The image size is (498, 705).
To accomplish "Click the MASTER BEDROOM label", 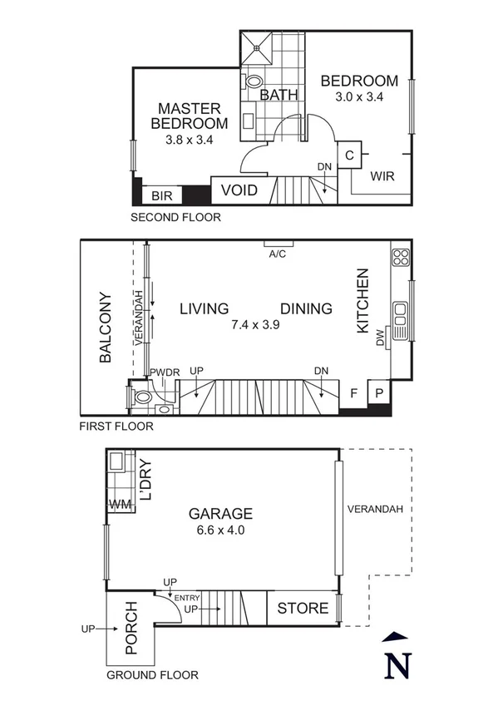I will point(189,116).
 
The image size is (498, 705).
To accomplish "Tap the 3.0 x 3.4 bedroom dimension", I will point(359,97).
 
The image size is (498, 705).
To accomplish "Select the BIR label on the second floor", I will point(160,196).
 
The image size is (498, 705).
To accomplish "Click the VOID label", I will point(239,191).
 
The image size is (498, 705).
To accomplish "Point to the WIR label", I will point(382,176).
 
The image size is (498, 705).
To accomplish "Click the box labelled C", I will point(349,155).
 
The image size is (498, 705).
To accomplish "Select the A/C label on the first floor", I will point(277,254).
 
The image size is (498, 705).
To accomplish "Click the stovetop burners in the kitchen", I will point(401,256).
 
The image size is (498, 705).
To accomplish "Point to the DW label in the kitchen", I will point(381,338).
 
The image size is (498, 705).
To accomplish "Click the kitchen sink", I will point(401,315).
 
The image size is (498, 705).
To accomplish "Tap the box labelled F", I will point(353,393).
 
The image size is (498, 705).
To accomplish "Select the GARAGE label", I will point(219,514).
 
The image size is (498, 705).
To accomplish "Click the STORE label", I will point(303,608).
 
